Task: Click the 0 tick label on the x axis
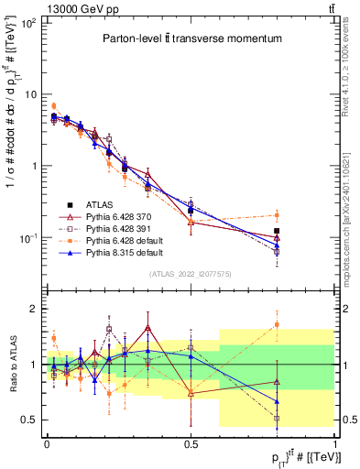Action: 47,442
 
